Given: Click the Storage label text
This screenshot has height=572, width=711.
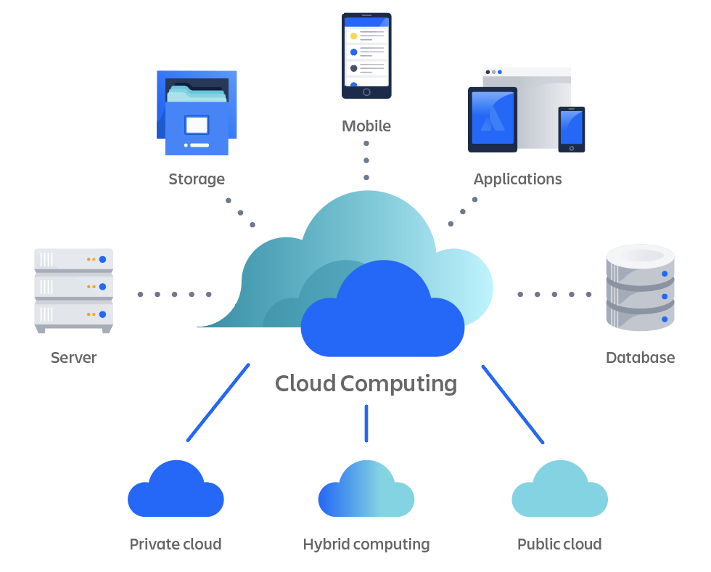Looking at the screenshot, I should (197, 179).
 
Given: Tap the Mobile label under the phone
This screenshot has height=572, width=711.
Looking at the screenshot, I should (366, 126).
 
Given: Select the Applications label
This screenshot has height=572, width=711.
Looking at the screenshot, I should (517, 179).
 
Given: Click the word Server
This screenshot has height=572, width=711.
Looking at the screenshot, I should (73, 358).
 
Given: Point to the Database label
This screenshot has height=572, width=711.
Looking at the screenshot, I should (640, 358).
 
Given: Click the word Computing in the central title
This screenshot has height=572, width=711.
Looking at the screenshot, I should (399, 383).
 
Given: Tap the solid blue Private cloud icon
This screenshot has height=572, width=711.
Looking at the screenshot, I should (176, 493).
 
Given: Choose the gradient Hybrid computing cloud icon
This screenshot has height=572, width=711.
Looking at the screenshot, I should (366, 493).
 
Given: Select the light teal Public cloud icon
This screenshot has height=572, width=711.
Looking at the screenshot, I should (559, 493).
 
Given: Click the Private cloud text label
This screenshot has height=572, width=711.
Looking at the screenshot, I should (176, 544).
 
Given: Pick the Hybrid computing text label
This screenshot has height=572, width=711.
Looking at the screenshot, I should (366, 544).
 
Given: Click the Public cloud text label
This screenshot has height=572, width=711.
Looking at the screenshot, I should (559, 544).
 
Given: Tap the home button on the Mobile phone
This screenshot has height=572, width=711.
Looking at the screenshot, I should (366, 92).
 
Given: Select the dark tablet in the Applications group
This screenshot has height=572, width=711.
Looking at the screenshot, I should (493, 119).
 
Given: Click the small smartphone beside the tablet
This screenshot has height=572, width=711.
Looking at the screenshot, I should (571, 129).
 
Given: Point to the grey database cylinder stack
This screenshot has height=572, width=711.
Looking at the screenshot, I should (640, 287).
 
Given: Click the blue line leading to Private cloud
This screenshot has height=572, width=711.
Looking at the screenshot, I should (218, 403).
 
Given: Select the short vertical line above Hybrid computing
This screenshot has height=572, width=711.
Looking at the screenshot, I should (366, 423).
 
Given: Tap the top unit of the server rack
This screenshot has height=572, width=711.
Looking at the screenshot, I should (74, 259).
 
